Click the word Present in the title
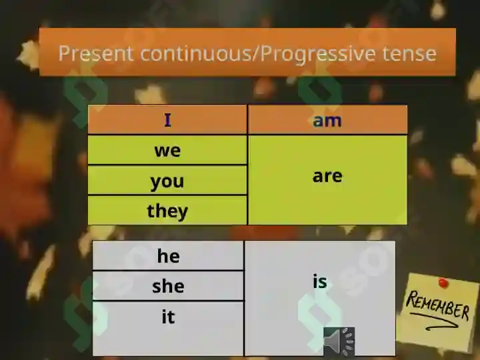point(96,53)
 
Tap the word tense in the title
point(409,53)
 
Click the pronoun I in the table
point(167,120)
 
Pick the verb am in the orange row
point(327,121)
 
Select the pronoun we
point(167,151)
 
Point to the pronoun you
point(167,182)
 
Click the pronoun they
point(167,211)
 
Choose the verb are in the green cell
point(327,176)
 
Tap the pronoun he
point(168,255)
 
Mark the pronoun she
point(168,286)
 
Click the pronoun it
point(169,317)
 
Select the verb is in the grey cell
point(320,281)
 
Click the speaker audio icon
point(339,341)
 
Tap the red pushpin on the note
point(443,283)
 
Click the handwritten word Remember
point(437,305)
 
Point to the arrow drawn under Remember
point(434,321)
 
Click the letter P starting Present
point(64,53)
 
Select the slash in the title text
point(257,54)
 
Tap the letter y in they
point(182,213)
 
